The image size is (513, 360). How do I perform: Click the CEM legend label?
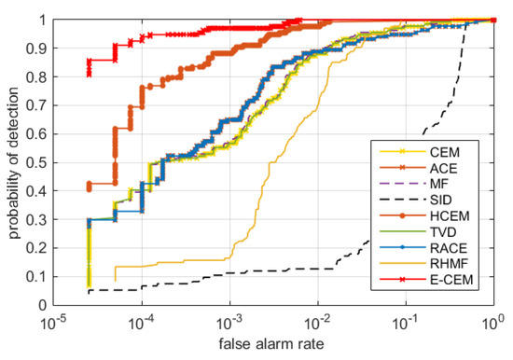(x=445, y=152)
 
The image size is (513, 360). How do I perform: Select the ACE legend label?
(x=443, y=168)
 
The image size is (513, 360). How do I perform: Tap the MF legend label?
(x=439, y=184)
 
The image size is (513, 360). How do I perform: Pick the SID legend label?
(x=440, y=200)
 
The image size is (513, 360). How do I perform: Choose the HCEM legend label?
(x=450, y=215)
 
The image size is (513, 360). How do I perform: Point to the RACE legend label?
(x=449, y=248)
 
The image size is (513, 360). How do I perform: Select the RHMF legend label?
(x=449, y=263)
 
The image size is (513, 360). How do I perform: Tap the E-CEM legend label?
(x=451, y=280)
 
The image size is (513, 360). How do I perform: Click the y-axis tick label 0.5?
(x=36, y=162)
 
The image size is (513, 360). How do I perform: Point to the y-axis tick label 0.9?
(x=36, y=48)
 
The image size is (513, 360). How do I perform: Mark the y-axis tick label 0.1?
(x=36, y=277)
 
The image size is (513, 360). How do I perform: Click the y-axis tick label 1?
(x=43, y=20)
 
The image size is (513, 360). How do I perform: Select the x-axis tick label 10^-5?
(x=52, y=324)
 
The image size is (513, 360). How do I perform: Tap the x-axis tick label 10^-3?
(x=229, y=324)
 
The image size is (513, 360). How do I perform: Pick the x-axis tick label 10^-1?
(x=406, y=324)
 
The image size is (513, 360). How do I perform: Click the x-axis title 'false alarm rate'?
(x=271, y=344)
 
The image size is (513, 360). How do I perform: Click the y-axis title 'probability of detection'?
(x=14, y=162)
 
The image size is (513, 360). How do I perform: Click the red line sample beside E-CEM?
(x=402, y=280)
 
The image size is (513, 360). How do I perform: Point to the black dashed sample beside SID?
(x=402, y=200)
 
